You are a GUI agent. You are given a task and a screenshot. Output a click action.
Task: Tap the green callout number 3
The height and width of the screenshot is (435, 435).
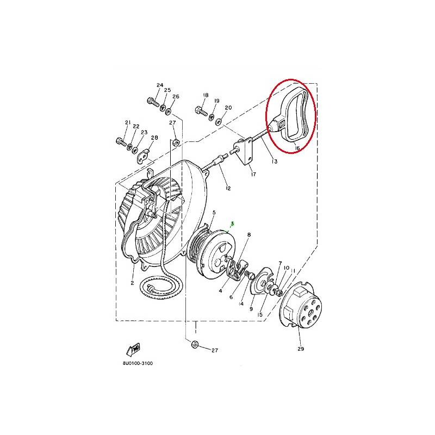pyautogui.click(x=233, y=223)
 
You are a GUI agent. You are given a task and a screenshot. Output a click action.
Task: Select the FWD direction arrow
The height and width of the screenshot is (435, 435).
pyautogui.click(x=133, y=350)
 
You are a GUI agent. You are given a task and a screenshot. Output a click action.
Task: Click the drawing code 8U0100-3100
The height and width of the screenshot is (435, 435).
pyautogui.click(x=138, y=363)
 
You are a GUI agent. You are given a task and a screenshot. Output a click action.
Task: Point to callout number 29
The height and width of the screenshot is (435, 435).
pyautogui.click(x=301, y=349)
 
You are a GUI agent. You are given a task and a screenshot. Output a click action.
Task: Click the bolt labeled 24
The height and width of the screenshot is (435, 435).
pyautogui.click(x=153, y=102)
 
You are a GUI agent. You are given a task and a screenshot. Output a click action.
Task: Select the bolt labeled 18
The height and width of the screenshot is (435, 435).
pyautogui.click(x=201, y=111)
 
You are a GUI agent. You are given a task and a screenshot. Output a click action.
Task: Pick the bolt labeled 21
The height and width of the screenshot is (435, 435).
pyautogui.click(x=121, y=142)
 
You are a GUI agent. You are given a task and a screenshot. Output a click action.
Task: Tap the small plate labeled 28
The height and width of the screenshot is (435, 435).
pyautogui.click(x=144, y=156)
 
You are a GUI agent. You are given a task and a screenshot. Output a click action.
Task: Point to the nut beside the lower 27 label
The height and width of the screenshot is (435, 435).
pyautogui.click(x=194, y=345)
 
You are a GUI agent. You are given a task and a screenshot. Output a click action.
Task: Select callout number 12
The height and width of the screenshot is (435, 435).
pyautogui.click(x=228, y=188)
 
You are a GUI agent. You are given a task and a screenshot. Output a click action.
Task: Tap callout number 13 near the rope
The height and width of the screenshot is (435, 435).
pyautogui.click(x=275, y=161)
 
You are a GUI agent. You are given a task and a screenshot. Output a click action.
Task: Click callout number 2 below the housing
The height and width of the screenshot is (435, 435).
pyautogui.click(x=132, y=283)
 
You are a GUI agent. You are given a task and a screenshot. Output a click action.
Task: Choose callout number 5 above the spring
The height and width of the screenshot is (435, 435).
pyautogui.click(x=214, y=213)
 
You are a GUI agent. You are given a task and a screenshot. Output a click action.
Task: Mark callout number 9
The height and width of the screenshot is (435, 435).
pyautogui.click(x=251, y=308)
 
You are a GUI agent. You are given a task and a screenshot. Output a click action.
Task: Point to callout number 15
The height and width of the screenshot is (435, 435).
pyautogui.click(x=260, y=315)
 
